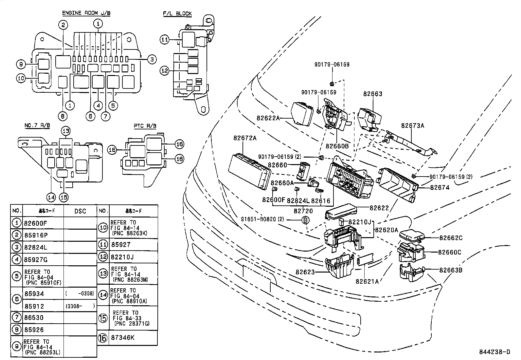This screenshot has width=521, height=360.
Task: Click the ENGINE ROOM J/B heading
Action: pos(86,13)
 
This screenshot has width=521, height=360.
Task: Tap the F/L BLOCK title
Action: pos(177,13)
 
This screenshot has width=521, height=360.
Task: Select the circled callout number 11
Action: pos(165,40)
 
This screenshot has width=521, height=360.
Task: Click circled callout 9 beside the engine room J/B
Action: pos(21,64)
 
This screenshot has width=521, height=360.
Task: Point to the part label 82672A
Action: pos(245,138)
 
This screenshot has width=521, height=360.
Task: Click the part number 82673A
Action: pos(412,125)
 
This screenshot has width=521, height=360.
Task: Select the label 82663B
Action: pos(451,270)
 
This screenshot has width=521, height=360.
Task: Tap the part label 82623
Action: pos(305,272)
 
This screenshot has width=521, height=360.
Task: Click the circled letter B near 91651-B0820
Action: pos(305,220)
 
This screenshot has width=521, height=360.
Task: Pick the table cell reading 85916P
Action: pos(36,235)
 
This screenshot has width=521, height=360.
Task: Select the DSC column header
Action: pos(80,211)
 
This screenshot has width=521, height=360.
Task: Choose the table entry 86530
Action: pos(34,317)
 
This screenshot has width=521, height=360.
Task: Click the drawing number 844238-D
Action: pos(494,352)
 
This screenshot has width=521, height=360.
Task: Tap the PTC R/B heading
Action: pos(145,126)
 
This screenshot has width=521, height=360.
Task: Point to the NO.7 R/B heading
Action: pos(37,126)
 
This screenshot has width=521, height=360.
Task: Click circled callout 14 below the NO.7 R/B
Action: pos(51,197)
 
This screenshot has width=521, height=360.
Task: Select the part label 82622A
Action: pos(268,118)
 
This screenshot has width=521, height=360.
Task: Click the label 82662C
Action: pos(451,238)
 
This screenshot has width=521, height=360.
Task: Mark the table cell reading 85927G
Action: pos(36,260)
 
